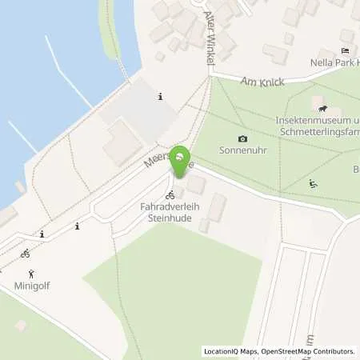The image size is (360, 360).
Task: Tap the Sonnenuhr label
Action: point(243,150)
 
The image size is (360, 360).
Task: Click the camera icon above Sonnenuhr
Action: point(243,138)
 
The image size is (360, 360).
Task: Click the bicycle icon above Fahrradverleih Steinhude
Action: point(170,194)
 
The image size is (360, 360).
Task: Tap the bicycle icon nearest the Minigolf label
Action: point(26,254)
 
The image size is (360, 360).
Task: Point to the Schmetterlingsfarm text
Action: point(318,130)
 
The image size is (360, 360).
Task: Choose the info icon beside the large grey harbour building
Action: point(161,97)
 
